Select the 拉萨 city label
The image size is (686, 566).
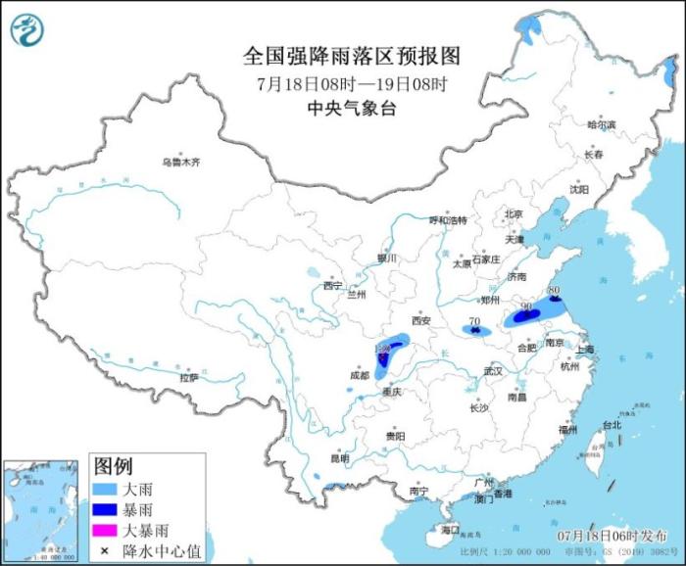pos(189,377)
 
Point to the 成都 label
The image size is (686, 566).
pos(360,374)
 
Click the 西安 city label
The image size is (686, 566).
pos(421,320)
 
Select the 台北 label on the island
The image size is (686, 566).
pos(611,425)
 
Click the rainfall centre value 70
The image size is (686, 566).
pos(474,321)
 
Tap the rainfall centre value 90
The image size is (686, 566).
pos(526,307)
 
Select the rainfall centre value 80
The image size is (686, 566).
pos(554,291)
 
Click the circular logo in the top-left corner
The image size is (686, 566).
pos(27,29)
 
